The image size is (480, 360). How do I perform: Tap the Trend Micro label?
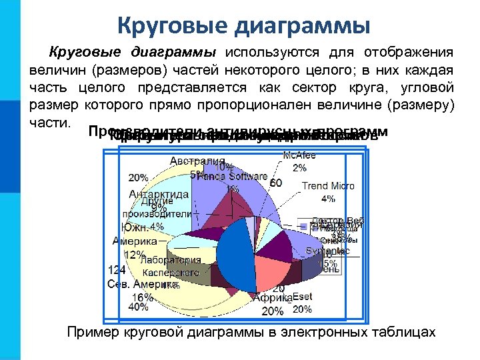[x=328, y=186]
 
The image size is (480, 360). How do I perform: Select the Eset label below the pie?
[x=302, y=297]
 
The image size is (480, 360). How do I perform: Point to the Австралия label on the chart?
[x=198, y=161]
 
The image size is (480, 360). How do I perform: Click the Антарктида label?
[x=159, y=194]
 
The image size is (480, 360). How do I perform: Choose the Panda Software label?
[x=233, y=177]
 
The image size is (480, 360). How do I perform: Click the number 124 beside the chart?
[x=117, y=270]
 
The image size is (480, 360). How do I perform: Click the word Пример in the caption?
[x=90, y=333]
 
